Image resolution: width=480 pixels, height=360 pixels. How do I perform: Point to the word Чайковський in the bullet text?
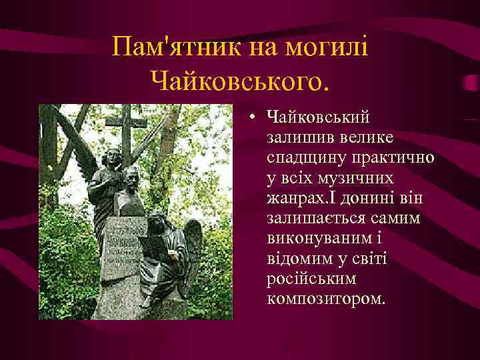click(319, 118)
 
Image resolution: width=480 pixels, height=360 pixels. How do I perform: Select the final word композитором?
click(325, 299)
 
